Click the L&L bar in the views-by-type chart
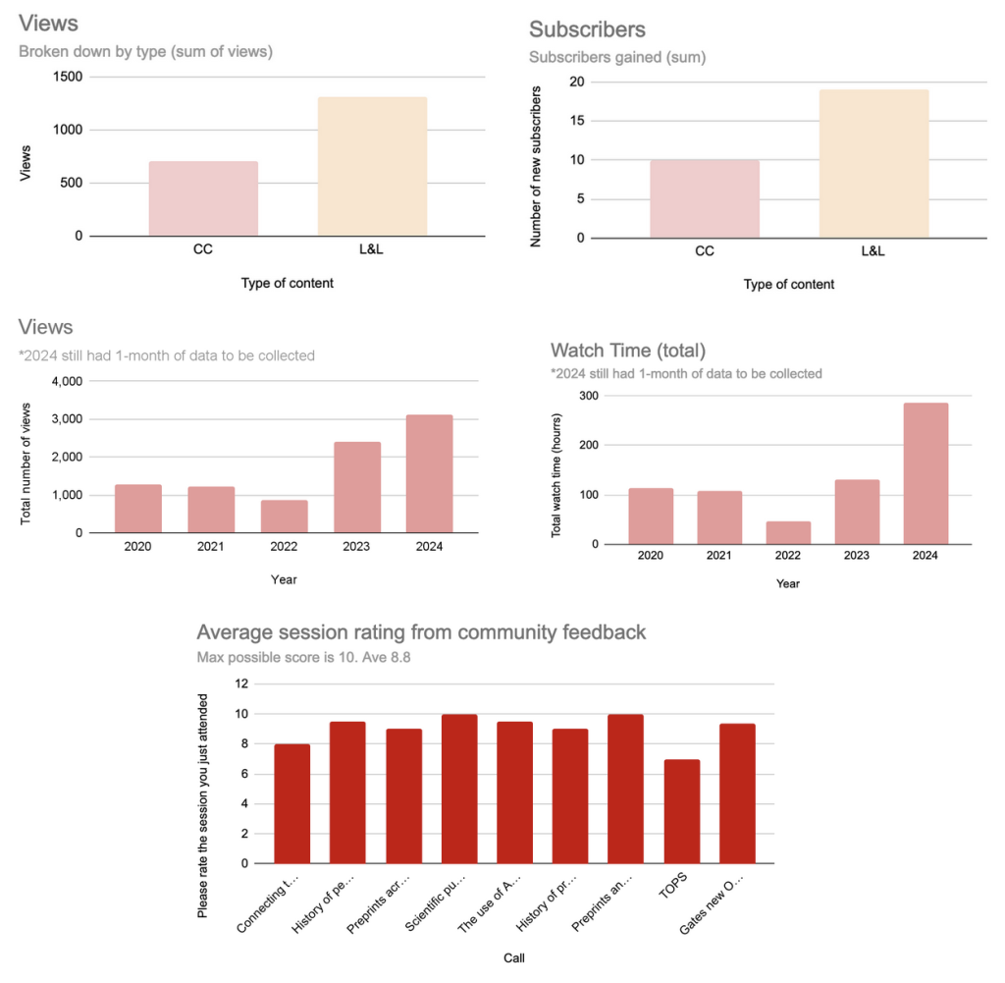click(x=372, y=167)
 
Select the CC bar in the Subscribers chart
click(x=704, y=198)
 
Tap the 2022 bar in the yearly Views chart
click(x=284, y=517)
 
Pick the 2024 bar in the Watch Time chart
click(x=926, y=473)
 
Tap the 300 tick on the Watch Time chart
click(x=588, y=395)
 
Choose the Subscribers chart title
click(x=587, y=30)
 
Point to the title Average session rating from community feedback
click(x=421, y=632)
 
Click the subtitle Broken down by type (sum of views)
click(x=145, y=52)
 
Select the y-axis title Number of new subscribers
click(x=536, y=166)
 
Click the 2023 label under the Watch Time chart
click(x=857, y=555)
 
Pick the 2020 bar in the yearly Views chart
click(x=138, y=509)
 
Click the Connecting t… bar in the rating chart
click(x=291, y=804)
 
